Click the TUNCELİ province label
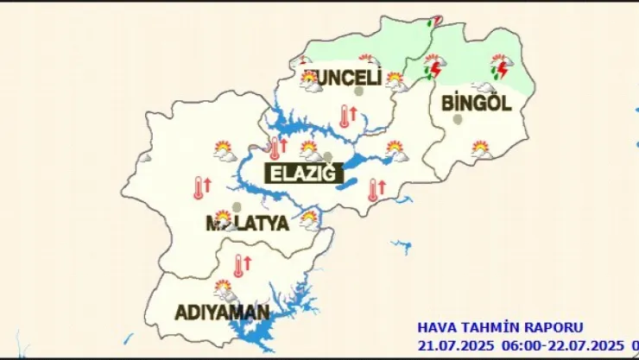[341, 79]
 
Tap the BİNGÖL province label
[476, 103]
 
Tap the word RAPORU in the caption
[554, 328]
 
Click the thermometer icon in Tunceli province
[345, 114]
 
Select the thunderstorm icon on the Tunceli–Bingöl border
[434, 66]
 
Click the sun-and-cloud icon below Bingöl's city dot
[481, 148]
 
